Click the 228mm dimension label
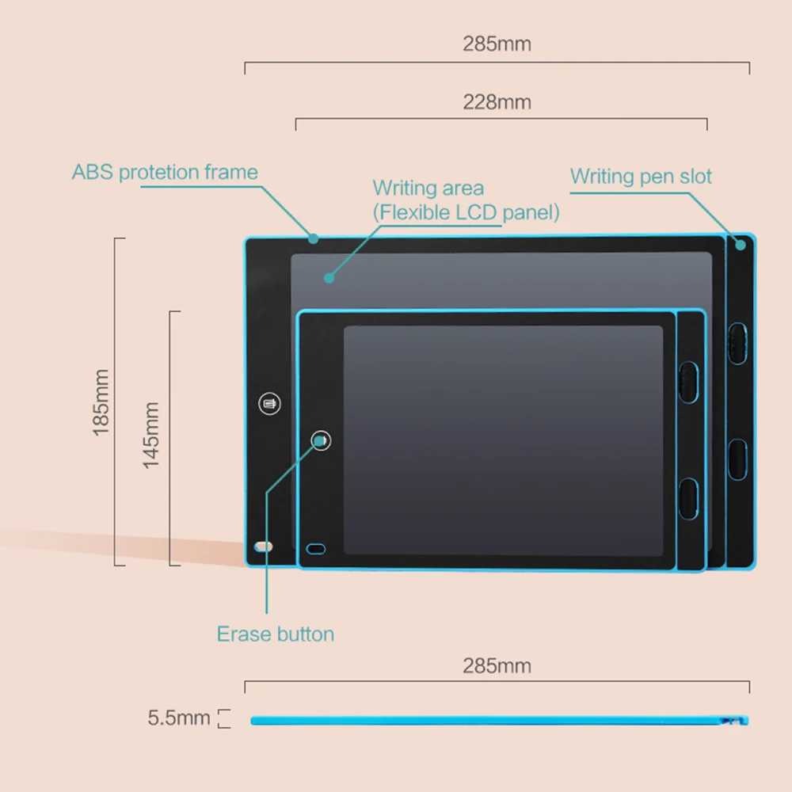[x=497, y=103]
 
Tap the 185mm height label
[x=101, y=402]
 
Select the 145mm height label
[x=151, y=435]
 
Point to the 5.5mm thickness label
[x=179, y=718]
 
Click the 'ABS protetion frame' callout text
[x=165, y=173]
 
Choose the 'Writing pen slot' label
[x=641, y=176]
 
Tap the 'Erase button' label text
[x=276, y=634]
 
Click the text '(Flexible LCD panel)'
[x=466, y=212]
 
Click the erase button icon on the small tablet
[x=321, y=440]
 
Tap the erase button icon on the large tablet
[x=269, y=403]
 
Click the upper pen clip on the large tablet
[x=738, y=342]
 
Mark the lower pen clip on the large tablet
[x=738, y=459]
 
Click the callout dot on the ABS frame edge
[x=314, y=238]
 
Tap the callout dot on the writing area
[x=329, y=277]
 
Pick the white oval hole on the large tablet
[x=264, y=547]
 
